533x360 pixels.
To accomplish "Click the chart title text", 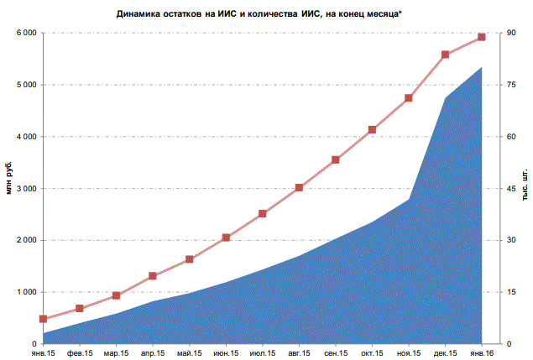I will [x=267, y=14].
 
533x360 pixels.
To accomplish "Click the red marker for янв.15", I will [x=43, y=319].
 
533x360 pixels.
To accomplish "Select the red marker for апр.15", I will [x=153, y=275].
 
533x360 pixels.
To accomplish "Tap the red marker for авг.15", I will [x=299, y=187].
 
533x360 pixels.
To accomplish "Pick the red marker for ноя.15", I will [x=409, y=98].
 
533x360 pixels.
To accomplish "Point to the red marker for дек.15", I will [x=445, y=55].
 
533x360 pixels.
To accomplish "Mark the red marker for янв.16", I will [x=482, y=37].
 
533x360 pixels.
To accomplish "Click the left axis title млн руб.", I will [x=10, y=178].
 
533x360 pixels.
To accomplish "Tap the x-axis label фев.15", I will [x=80, y=353].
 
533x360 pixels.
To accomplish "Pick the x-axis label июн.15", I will [x=226, y=353].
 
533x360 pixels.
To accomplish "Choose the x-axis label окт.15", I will [x=373, y=353].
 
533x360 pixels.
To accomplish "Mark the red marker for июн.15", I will [x=226, y=237].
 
